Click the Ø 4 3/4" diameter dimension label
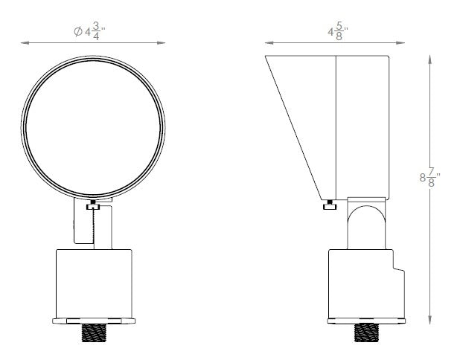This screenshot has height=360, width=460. point(89,30)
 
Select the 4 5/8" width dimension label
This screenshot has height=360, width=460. point(338,30)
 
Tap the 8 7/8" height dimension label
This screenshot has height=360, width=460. point(429,178)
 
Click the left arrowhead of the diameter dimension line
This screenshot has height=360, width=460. point(25,43)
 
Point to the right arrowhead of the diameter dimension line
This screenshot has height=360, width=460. point(161,43)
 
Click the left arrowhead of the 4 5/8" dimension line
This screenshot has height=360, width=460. point(269,43)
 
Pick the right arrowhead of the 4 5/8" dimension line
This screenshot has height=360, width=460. point(400,43)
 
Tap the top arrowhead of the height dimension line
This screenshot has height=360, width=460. point(429,60)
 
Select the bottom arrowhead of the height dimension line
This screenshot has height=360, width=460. point(429,320)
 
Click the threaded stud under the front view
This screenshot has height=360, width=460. point(94,332)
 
